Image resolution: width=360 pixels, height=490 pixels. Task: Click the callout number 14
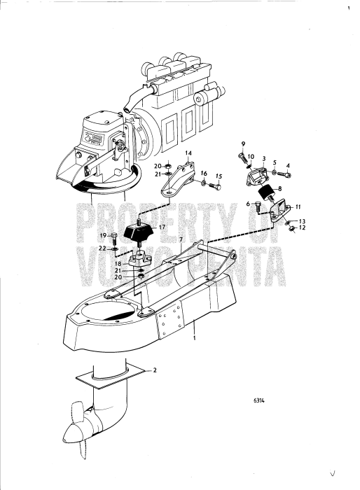[188, 153]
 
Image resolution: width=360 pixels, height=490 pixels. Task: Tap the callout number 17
[162, 227]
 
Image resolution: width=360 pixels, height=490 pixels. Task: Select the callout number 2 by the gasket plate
[154, 370]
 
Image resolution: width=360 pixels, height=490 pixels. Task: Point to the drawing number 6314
[258, 400]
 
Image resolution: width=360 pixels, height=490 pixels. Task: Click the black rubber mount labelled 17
[139, 232]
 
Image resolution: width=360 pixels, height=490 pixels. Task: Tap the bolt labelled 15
[215, 186]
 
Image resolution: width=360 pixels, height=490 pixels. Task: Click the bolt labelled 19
[113, 239]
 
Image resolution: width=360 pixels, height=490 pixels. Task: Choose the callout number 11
[298, 207]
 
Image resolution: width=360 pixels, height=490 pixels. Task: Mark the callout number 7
[181, 239]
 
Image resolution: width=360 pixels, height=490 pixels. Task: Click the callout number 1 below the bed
[195, 338]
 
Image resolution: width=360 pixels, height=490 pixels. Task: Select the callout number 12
[302, 227]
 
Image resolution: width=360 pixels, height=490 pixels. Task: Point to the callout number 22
[102, 248]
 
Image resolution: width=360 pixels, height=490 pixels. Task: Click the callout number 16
[204, 173]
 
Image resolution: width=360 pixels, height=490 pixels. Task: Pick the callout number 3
[264, 159]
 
